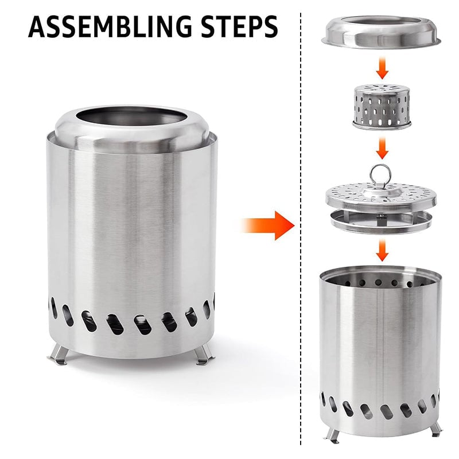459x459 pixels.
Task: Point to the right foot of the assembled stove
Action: tap(203, 356)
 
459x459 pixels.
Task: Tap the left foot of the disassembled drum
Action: tap(333, 434)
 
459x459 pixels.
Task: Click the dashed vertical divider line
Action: tap(301, 229)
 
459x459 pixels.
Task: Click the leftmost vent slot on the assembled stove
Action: tap(54, 308)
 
